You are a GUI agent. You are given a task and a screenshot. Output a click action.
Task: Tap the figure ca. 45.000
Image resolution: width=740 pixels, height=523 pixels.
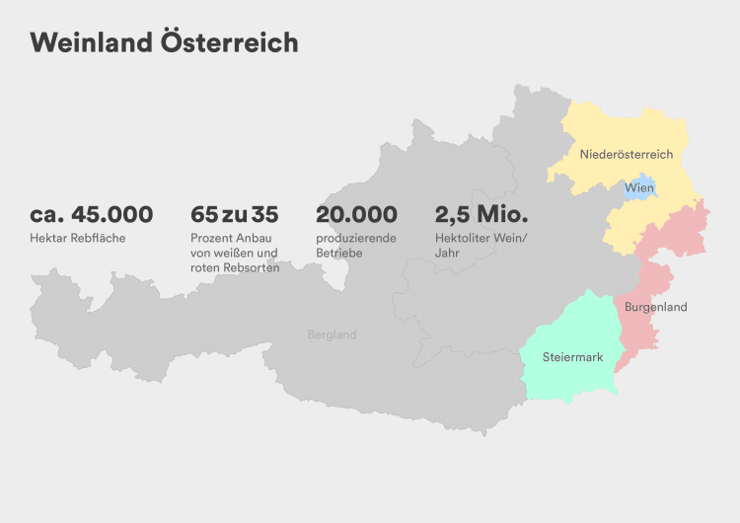[x=91, y=214]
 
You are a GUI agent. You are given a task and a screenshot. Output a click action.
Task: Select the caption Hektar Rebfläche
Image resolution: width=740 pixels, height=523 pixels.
[x=78, y=239]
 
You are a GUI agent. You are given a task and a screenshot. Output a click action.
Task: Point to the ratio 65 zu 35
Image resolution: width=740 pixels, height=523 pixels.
[x=234, y=214]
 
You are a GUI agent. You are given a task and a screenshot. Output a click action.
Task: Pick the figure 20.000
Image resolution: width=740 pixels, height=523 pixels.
[x=356, y=214]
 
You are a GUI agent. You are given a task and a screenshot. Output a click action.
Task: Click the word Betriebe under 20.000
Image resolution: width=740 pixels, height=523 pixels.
[x=339, y=254]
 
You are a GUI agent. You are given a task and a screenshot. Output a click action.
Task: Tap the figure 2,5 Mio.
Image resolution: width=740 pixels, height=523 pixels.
[x=481, y=214]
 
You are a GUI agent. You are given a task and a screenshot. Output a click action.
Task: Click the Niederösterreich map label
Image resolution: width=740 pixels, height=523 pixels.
[x=626, y=154]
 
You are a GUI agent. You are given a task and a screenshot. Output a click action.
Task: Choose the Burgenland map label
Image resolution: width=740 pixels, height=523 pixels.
[x=655, y=307]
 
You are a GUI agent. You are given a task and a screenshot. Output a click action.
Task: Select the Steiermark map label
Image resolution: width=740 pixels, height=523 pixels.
[x=572, y=356]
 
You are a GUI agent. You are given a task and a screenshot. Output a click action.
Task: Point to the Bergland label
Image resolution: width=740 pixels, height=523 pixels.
[x=332, y=335]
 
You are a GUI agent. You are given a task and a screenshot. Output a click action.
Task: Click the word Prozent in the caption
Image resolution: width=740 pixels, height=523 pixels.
[x=211, y=239]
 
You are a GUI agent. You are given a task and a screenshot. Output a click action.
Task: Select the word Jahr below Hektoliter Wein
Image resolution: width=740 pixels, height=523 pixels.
[x=447, y=254]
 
